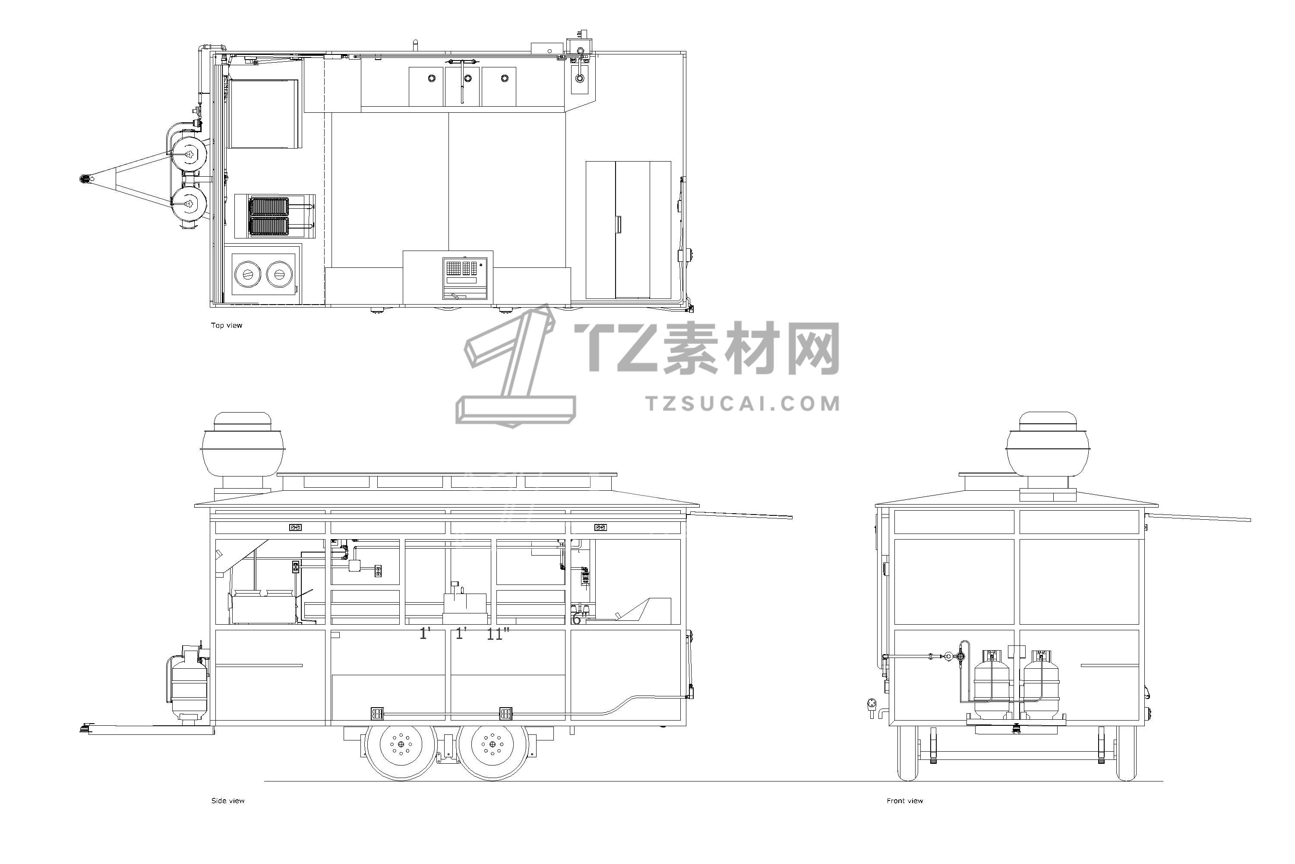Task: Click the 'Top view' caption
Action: (x=226, y=325)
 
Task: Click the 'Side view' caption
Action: (x=228, y=800)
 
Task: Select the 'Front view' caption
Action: (x=905, y=800)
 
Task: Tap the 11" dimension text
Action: (x=498, y=634)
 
